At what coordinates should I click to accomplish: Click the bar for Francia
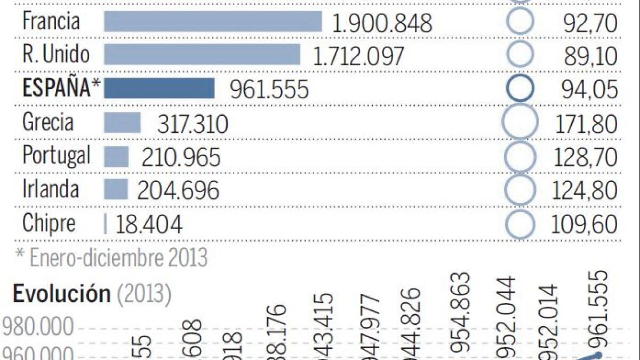213,22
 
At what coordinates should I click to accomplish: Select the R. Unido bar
202,55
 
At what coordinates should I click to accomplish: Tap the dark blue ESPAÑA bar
159,89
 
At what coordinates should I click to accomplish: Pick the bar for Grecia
122,123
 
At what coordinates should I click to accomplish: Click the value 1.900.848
381,23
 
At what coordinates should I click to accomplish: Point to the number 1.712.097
358,56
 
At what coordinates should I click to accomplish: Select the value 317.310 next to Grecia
193,124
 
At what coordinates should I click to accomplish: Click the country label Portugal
56,156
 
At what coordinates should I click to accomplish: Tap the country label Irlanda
51,189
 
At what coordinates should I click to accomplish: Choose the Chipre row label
49,223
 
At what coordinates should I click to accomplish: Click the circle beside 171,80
519,122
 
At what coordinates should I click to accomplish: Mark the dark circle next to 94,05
519,89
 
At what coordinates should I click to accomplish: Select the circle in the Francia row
519,22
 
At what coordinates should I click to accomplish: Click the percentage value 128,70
585,158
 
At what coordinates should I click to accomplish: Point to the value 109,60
585,225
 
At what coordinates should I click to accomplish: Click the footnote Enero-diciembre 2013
117,258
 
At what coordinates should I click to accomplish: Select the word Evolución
61,294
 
